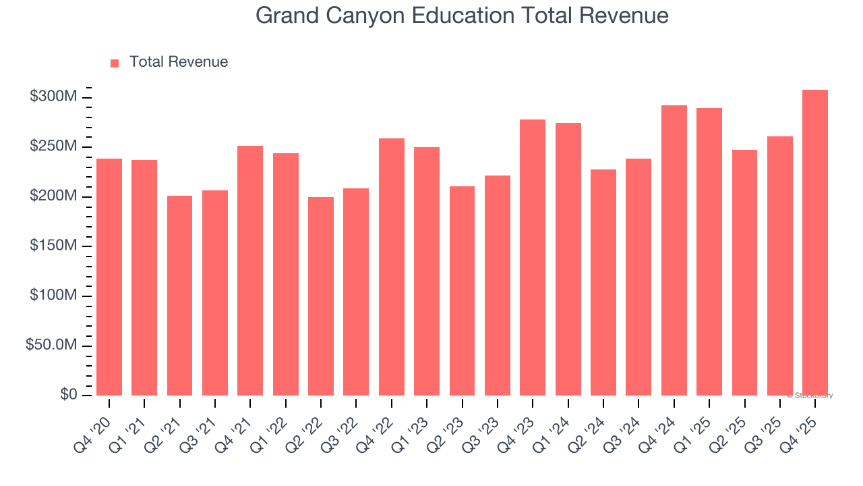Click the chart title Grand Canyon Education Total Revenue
pos(462,16)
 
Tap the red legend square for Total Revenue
pos(115,63)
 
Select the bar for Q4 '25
pos(815,242)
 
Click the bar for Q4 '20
pos(109,277)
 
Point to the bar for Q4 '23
pos(533,257)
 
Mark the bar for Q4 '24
pos(674,250)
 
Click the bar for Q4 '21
pos(250,270)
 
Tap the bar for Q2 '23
pos(462,290)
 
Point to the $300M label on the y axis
pos(53,97)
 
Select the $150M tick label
pos(53,246)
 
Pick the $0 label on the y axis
pos(69,395)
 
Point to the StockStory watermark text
pos(810,396)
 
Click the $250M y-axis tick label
pos(53,147)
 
